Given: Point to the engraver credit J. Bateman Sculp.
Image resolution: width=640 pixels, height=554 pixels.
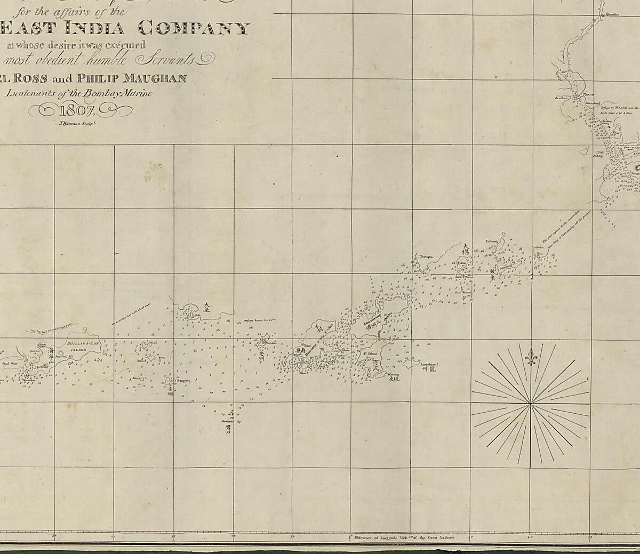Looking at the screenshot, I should click(76, 123).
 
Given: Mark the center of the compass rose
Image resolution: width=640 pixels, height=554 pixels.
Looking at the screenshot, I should click(530, 405).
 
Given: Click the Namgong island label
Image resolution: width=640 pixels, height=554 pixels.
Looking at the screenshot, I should click(169, 380).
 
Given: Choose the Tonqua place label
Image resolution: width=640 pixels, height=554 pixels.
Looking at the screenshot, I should click(426, 256).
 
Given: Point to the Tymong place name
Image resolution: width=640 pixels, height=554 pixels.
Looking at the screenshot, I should click(491, 241).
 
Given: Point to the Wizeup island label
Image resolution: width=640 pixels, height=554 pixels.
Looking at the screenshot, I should click(394, 375).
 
